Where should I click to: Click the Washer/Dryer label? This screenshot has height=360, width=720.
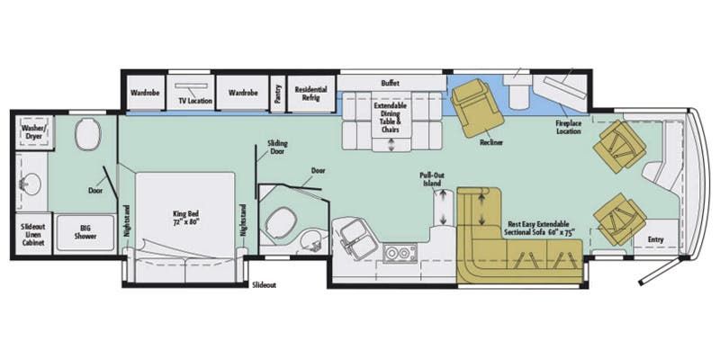[x=33, y=133]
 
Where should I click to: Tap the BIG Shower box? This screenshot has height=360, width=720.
[x=85, y=230]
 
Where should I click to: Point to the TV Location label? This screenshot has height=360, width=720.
[x=194, y=101]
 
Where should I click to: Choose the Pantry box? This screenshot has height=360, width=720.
[x=278, y=93]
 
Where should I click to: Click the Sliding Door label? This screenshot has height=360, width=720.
[x=277, y=148]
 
